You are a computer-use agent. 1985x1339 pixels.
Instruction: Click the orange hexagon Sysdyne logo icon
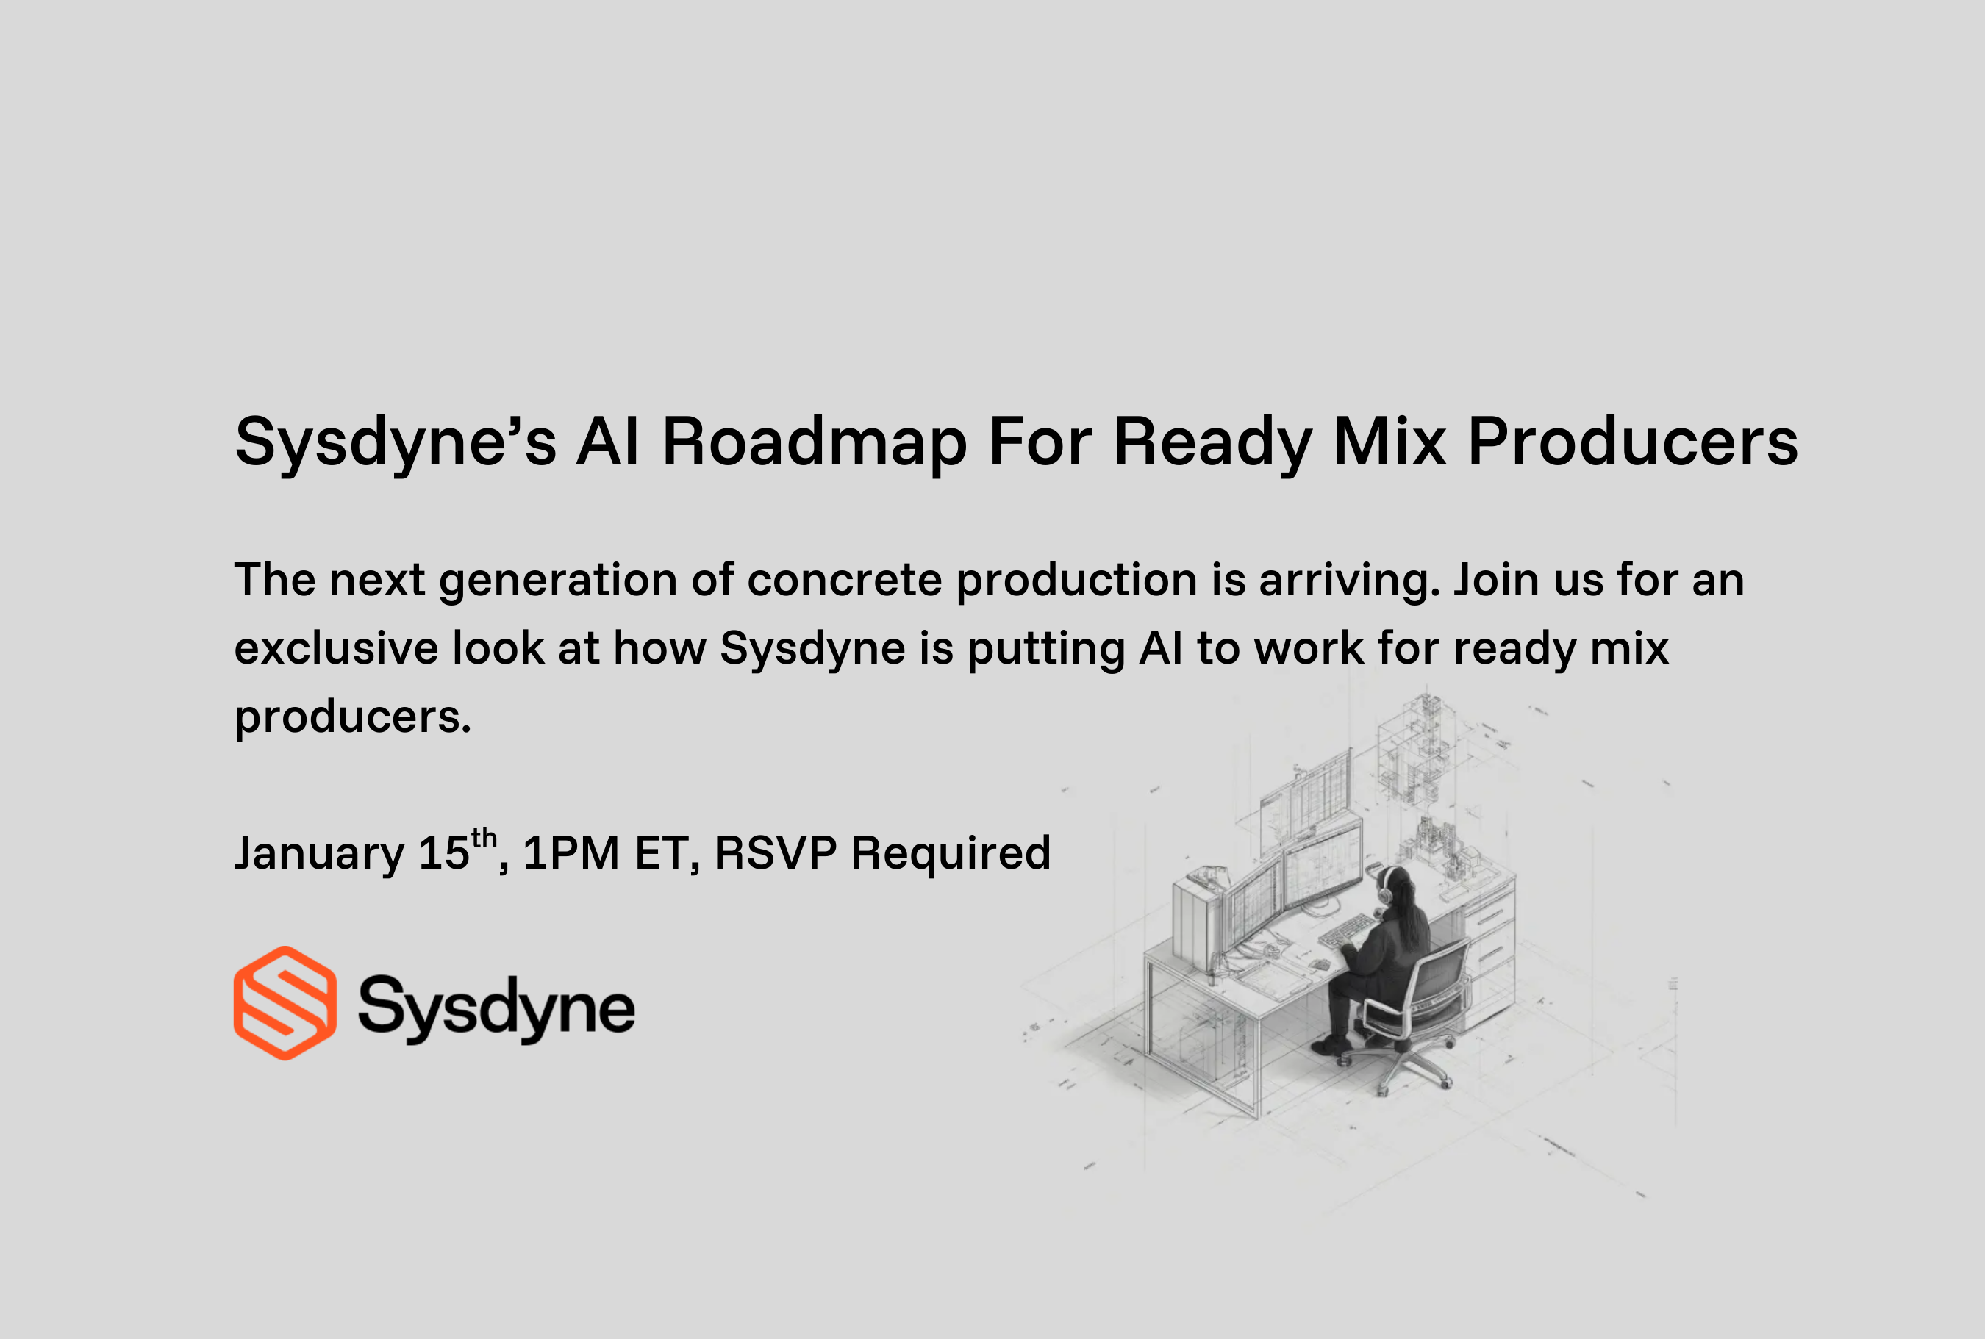tap(285, 1002)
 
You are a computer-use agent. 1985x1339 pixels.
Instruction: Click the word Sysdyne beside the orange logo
tap(496, 1008)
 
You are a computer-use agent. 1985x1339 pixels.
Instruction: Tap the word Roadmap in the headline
tap(815, 442)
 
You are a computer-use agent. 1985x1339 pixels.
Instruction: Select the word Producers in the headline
tap(1632, 442)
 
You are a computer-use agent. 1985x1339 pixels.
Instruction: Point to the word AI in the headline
tap(607, 442)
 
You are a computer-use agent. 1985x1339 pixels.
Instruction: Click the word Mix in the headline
tap(1389, 442)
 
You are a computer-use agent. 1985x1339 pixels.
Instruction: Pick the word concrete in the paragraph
tap(844, 580)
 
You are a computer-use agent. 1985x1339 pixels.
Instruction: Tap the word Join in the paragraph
tap(1495, 580)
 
